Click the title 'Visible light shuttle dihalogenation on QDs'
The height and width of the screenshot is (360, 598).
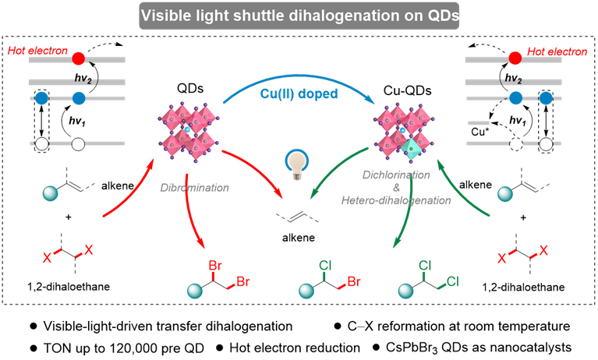coord(299,15)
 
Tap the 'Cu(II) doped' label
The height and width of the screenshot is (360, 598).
coord(299,94)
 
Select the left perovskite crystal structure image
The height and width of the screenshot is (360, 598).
coord(188,132)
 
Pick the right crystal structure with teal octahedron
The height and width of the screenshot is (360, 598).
coord(403,131)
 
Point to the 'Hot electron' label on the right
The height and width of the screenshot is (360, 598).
coord(557,51)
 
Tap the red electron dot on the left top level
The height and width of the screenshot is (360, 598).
coord(78,58)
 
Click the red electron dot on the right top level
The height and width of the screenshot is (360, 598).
coord(515,58)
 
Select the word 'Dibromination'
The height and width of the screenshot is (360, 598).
coord(195,188)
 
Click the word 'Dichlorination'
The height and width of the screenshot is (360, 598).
coord(396,175)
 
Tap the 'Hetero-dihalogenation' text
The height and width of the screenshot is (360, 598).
coord(396,200)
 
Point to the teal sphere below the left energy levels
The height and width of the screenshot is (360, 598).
coord(50,193)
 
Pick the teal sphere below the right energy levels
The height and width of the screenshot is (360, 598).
coord(505,193)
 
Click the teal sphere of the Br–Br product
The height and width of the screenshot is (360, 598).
coord(195,291)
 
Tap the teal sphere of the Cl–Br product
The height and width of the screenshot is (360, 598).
coord(306,291)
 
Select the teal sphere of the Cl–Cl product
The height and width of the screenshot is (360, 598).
coord(405,291)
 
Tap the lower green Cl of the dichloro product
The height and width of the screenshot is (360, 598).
coord(452,281)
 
